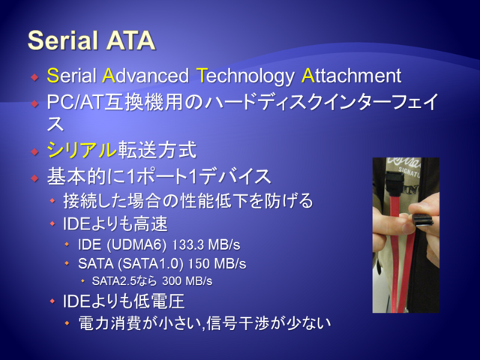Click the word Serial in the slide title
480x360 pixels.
click(63, 40)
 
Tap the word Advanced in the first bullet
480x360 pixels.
click(145, 75)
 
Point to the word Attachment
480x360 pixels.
click(351, 75)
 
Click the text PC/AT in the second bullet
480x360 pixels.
click(75, 102)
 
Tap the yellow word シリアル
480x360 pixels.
click(82, 150)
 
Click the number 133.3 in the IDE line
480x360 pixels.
click(187, 244)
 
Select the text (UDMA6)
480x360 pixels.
click(136, 245)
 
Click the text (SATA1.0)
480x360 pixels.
click(150, 263)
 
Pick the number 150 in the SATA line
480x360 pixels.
click(198, 263)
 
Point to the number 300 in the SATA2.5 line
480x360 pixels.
click(172, 280)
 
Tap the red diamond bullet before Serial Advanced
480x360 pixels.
click(35, 76)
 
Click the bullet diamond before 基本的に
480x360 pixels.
click(35, 178)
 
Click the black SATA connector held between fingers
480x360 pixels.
click(423, 220)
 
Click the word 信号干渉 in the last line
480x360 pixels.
click(238, 323)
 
